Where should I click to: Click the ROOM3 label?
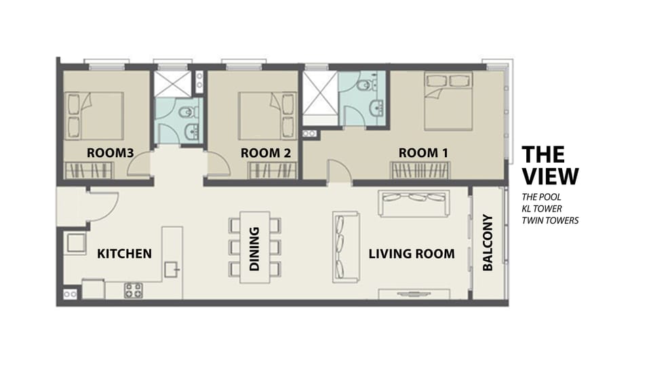pos(110,152)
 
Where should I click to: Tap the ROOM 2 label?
pos(266,152)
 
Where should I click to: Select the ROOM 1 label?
pos(423,152)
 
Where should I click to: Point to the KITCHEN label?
pos(124,253)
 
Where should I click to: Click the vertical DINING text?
pos(254,249)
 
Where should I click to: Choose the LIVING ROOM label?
pos(412,253)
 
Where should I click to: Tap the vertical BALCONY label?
pos(488,243)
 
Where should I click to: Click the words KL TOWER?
pos(542,209)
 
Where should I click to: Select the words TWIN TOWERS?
pos(550,220)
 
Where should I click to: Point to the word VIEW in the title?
pos(550,176)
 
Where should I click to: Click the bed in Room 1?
pos(448,101)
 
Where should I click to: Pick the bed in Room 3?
pos(95,116)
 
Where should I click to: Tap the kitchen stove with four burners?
pos(134,291)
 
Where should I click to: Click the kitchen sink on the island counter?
pos(172,270)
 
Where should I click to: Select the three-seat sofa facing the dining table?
pos(346,247)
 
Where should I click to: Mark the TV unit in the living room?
pos(414,294)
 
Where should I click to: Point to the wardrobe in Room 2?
pos(273,171)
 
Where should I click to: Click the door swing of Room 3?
pos(138,164)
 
